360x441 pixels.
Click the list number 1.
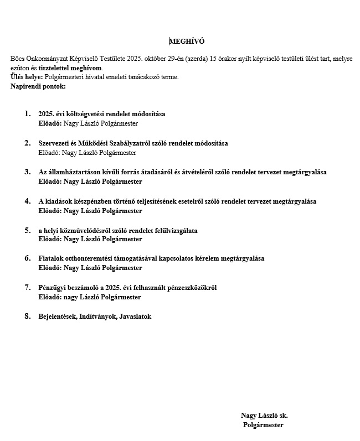click(x=27, y=113)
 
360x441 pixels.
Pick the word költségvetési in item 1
click(x=74, y=114)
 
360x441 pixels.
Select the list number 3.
click(x=27, y=172)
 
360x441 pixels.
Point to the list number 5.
click(x=27, y=230)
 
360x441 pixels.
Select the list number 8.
click(x=27, y=316)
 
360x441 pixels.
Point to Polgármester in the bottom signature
click(x=263, y=425)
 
